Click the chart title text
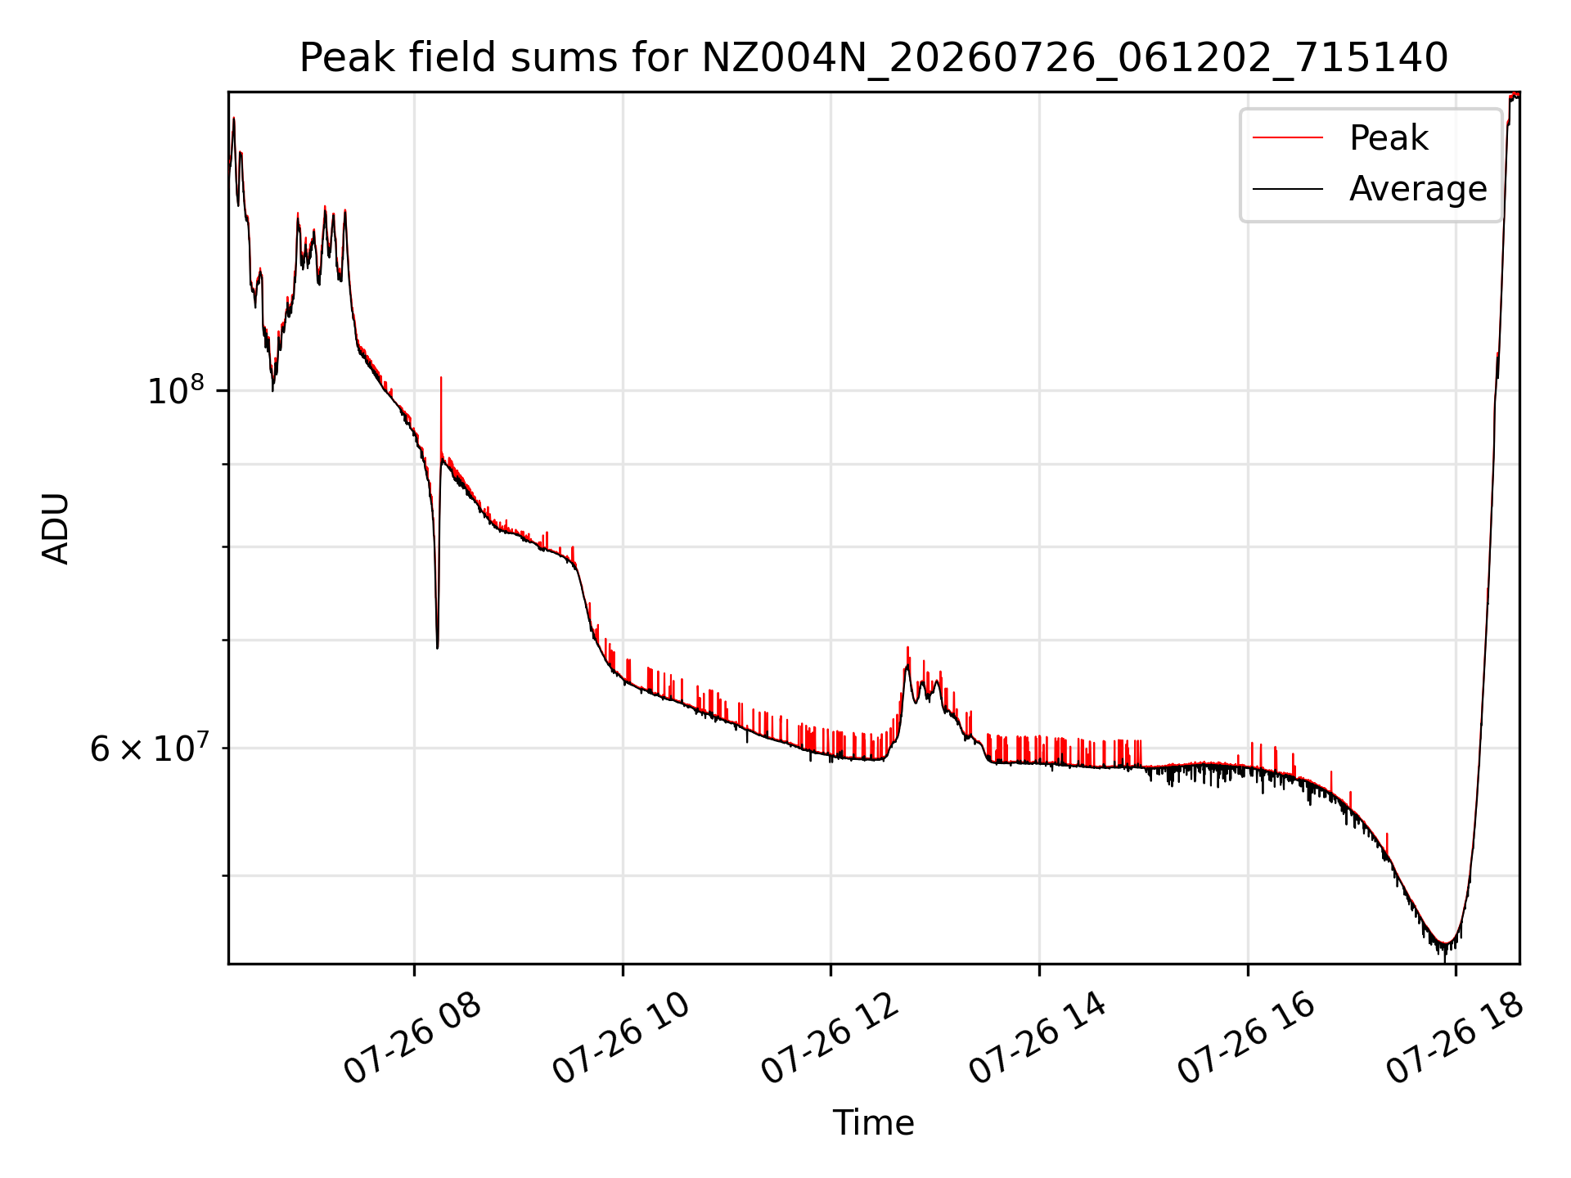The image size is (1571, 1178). (873, 58)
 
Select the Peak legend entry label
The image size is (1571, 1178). (1389, 137)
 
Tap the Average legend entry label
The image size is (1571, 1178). (1418, 189)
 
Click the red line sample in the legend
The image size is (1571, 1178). (1288, 137)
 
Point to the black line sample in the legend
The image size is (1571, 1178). (1288, 189)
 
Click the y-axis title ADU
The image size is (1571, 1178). (56, 528)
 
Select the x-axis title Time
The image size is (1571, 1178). (873, 1123)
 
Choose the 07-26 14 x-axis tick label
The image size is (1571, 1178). (1038, 1039)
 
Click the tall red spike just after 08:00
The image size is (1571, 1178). (441, 378)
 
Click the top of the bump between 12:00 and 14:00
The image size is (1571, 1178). (907, 648)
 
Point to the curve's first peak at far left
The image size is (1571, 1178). (233, 119)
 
